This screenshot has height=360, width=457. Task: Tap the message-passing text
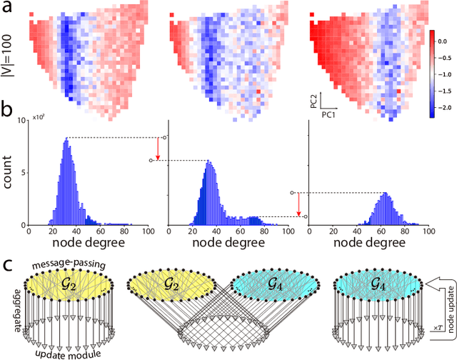pos(68,264)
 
